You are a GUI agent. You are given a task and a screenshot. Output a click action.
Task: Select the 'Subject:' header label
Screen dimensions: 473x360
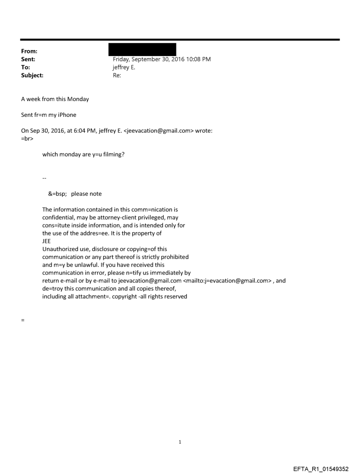point(32,75)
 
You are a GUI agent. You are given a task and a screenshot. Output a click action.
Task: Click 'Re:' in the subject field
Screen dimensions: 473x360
point(117,75)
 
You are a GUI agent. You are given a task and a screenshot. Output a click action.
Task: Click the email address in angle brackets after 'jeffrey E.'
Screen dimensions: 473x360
point(159,131)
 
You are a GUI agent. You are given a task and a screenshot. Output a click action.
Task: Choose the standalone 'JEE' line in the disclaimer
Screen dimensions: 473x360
point(46,241)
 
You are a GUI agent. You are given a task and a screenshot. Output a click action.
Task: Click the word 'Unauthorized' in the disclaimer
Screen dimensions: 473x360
point(60,249)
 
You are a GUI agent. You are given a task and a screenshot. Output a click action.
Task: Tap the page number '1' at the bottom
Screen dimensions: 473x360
point(180,442)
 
